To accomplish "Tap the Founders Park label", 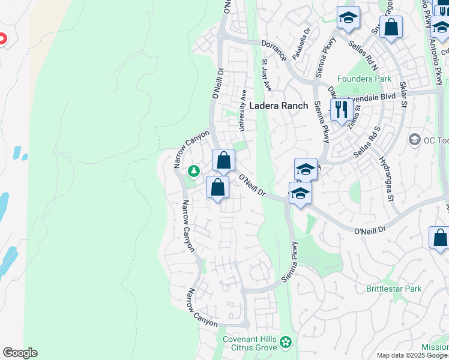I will (364, 79).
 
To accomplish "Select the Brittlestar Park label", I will (394, 289).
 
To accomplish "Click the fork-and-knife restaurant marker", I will (341, 110).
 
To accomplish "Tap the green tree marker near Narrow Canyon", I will (194, 172).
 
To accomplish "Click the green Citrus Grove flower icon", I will (286, 343).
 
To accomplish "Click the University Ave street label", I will (243, 110).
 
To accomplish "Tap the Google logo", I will (20, 353).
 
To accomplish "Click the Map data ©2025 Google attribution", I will (412, 355).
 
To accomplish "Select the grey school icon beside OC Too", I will (414, 140).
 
